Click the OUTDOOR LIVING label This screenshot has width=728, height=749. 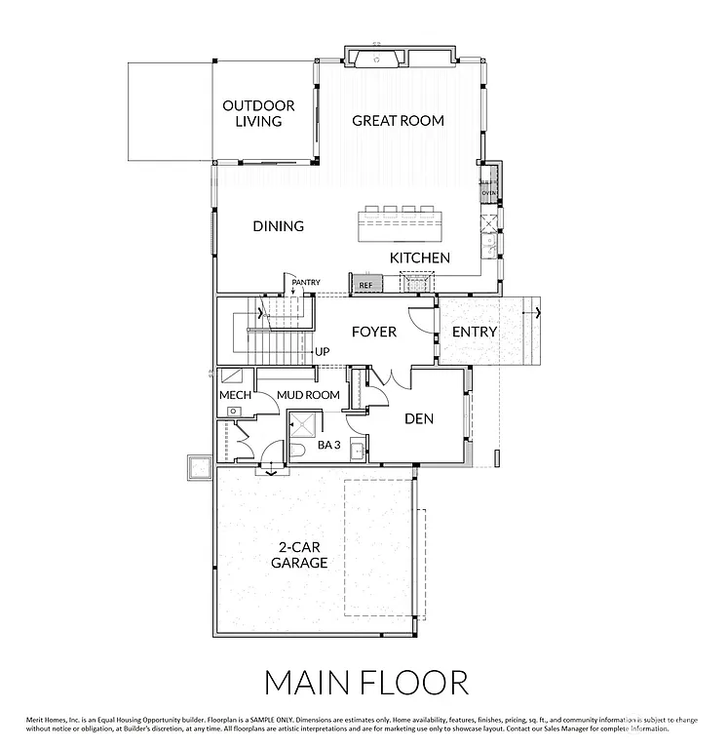pos(251,113)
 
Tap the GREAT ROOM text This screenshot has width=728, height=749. pos(398,121)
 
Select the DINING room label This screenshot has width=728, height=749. pos(279,226)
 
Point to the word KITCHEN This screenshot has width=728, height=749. pos(420,257)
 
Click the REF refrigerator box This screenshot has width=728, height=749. pos(366,285)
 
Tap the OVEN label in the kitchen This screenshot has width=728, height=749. pos(489,193)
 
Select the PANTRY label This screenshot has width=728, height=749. pos(306,283)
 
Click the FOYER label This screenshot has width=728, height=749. pos(374,332)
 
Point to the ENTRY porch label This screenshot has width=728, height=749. pos(475,332)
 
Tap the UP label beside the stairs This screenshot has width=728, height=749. pos(322,352)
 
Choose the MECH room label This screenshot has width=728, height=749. pos(235,395)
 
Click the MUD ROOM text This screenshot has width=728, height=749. pos(308,395)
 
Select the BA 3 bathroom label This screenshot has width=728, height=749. pos(328,445)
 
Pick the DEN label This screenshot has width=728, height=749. pos(419,419)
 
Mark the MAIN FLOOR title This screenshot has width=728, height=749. pos(365,680)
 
